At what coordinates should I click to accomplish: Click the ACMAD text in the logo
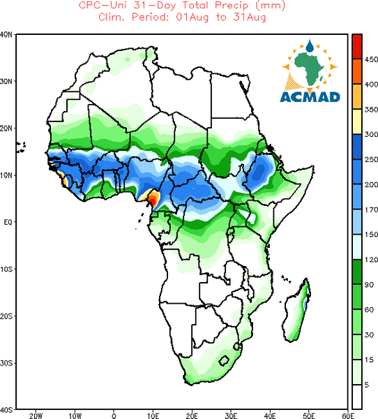[x=310, y=97]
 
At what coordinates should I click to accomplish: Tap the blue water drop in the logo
[x=310, y=46]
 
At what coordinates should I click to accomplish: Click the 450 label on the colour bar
[x=371, y=59]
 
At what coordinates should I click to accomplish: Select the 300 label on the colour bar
[x=371, y=134]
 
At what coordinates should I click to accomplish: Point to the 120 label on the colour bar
[x=371, y=260]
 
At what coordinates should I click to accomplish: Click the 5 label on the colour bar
[x=367, y=385]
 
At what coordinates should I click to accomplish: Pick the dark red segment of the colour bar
[x=357, y=46]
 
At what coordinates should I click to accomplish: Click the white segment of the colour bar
[x=357, y=397]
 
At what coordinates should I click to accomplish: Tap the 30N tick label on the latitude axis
[x=6, y=81]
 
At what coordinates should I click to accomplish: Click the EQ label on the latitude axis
[x=8, y=222]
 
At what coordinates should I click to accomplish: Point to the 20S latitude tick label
[x=6, y=316]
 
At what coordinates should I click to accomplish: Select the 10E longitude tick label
[x=153, y=416]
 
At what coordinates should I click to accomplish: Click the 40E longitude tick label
[x=270, y=416]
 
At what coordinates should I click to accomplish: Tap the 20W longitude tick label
[x=36, y=416]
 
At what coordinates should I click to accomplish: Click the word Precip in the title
[x=232, y=6]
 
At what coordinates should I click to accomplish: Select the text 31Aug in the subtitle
[x=250, y=17]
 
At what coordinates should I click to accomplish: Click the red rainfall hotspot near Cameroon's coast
[x=153, y=200]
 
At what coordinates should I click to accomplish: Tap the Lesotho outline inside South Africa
[x=224, y=361]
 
